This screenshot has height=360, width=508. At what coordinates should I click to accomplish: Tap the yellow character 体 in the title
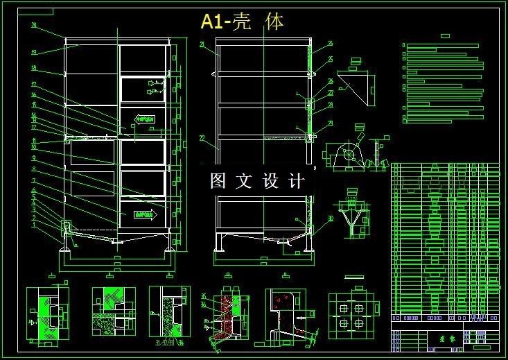[275, 22]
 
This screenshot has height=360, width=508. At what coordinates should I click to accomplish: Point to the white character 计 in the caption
[296, 181]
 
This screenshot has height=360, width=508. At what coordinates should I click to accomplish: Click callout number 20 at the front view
[34, 26]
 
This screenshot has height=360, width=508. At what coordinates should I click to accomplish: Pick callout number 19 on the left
[33, 52]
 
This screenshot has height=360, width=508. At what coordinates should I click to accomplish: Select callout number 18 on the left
[33, 68]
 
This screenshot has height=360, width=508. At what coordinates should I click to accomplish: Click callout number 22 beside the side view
[202, 138]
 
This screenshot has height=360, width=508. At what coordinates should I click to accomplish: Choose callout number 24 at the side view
[331, 44]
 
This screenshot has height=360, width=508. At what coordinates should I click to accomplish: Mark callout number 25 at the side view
[331, 60]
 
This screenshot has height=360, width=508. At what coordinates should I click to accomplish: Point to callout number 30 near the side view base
[331, 218]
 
